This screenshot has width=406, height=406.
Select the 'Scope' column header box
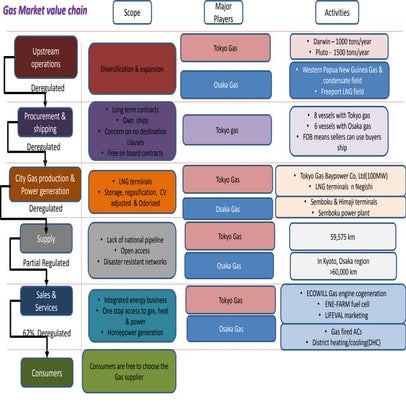tap(131, 15)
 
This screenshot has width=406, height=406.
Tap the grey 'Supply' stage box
tap(46, 242)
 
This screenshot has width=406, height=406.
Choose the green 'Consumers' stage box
tap(46, 372)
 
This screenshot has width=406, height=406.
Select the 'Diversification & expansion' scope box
tap(131, 71)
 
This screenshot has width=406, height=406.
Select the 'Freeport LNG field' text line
tap(341, 89)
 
